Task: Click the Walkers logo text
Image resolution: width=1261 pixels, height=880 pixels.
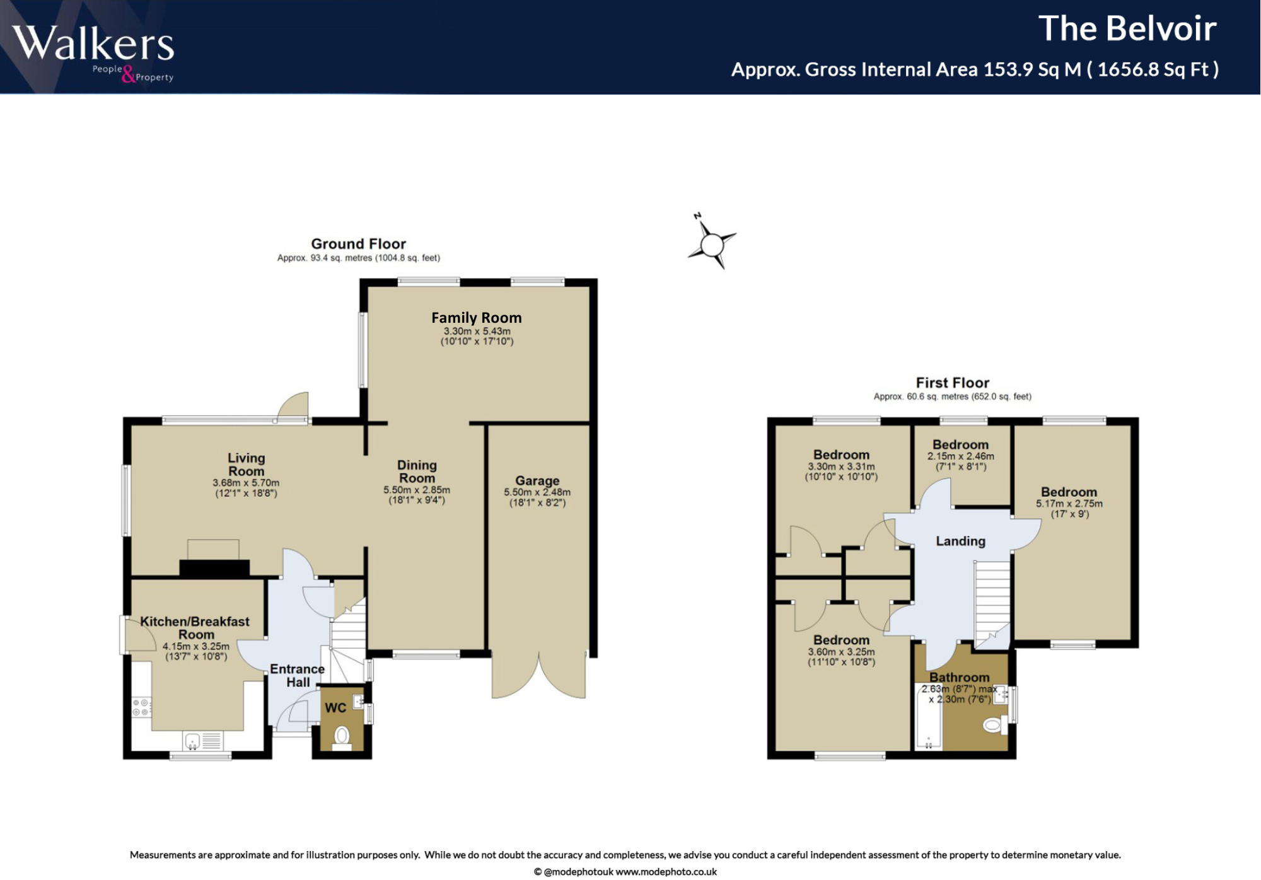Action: coord(93,44)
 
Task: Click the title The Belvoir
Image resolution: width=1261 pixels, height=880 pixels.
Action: coord(1127,29)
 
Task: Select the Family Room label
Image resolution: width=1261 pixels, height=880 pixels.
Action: coord(476,318)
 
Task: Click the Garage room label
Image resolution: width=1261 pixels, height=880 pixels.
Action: coord(537,480)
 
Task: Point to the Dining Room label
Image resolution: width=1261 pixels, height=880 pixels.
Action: coord(417,472)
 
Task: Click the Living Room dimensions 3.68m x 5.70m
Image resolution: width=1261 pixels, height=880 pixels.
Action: coord(246,483)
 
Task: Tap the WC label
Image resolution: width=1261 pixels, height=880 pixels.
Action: coord(335,708)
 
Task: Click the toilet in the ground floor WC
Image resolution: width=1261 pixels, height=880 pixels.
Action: coord(342,736)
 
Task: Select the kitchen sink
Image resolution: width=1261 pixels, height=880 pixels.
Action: coord(193,741)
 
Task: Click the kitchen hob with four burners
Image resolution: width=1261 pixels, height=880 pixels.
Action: coord(141,707)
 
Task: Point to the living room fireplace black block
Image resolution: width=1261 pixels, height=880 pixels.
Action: coord(214,567)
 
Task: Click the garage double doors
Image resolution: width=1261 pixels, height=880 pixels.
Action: coord(539,678)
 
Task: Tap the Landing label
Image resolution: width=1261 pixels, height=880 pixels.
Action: coord(960,541)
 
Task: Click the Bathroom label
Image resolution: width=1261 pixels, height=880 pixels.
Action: coord(959,677)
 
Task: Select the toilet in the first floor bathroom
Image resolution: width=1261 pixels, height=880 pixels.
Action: coord(993,725)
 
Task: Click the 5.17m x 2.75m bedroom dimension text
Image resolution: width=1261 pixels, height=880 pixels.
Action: coord(1069,504)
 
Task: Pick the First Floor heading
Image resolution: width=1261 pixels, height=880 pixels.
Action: coord(952,383)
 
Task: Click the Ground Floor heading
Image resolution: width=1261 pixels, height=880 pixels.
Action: coord(358,244)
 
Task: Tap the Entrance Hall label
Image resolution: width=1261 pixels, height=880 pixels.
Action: coord(298,675)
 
